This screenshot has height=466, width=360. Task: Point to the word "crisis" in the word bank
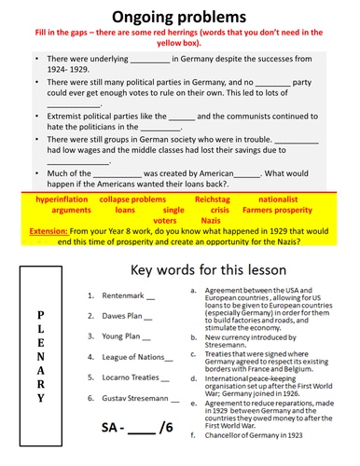point(219,212)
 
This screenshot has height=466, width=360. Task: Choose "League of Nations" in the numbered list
point(134,356)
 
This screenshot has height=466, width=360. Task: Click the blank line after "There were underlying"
point(145,58)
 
